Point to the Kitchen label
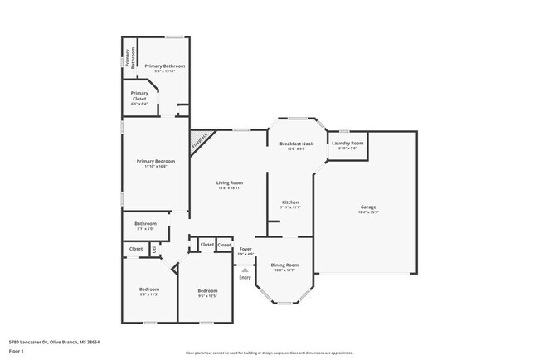[290, 202]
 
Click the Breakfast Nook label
[297, 144]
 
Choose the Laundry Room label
[347, 144]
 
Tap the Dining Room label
[284, 265]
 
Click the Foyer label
[245, 249]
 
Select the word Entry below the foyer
[245, 277]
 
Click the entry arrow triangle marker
[245, 269]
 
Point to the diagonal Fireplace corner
[199, 141]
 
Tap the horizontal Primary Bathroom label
[164, 66]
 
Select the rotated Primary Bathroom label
[129, 58]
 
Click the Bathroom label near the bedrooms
[146, 223]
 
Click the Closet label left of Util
[135, 248]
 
